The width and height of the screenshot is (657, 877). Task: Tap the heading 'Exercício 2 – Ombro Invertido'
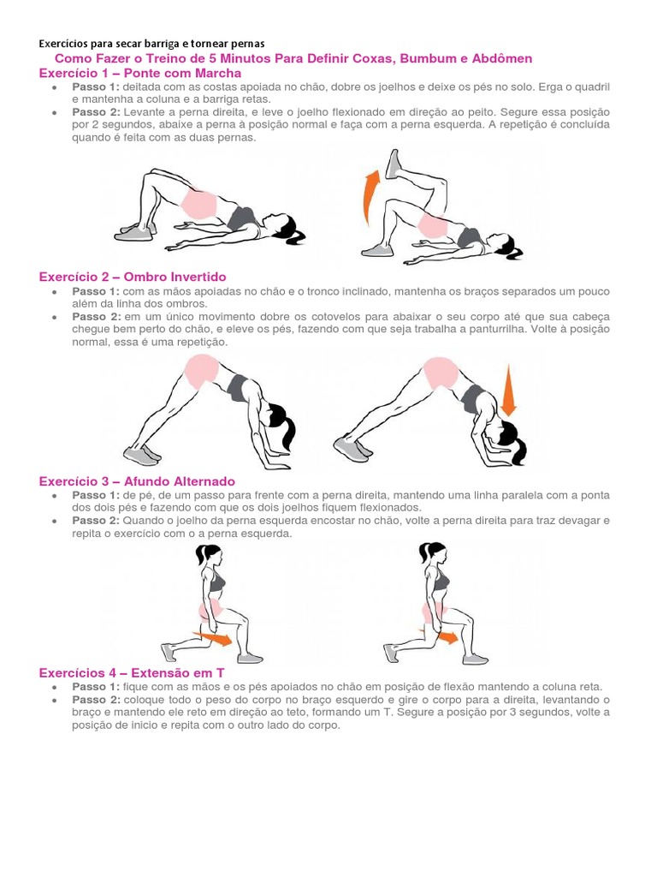[133, 277]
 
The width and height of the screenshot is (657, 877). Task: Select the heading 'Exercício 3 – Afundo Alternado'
[137, 481]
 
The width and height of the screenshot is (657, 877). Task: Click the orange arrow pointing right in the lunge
[218, 638]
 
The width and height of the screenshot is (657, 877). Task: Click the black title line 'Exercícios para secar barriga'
[152, 43]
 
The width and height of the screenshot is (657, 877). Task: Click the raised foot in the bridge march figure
[394, 164]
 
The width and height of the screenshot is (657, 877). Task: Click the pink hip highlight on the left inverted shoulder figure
[202, 370]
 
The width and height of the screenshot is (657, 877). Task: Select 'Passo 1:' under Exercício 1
[96, 87]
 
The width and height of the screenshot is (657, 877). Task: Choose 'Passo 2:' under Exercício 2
[96, 316]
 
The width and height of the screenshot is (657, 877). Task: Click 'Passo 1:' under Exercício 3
[96, 495]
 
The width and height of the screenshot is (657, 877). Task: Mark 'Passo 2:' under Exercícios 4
[96, 700]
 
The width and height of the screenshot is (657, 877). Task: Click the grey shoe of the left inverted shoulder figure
[140, 454]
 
